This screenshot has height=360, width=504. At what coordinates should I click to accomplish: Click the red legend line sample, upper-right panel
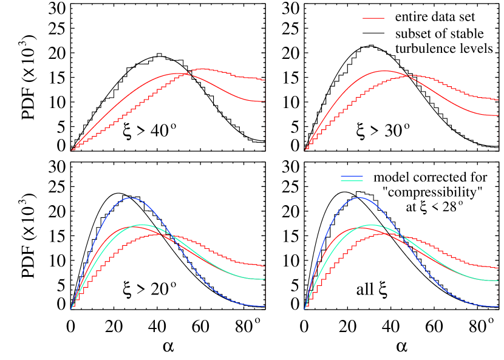(x=373, y=18)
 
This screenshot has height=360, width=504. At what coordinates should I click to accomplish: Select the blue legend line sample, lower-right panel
(x=352, y=176)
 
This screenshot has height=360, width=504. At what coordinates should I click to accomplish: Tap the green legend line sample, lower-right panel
(x=352, y=181)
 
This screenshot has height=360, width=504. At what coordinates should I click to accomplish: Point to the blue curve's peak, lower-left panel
(x=130, y=198)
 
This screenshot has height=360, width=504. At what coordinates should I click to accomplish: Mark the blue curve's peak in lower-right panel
(x=359, y=198)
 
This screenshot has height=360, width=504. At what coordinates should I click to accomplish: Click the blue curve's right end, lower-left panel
(x=264, y=307)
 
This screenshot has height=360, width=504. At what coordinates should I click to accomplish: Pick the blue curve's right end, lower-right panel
(x=498, y=307)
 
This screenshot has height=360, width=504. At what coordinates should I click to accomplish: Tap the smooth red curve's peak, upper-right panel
(x=384, y=71)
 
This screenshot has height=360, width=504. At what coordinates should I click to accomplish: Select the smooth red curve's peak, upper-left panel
(x=177, y=73)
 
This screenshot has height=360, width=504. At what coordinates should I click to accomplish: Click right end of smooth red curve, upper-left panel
(x=264, y=101)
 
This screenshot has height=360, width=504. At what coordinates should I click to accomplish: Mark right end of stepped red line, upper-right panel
(x=498, y=100)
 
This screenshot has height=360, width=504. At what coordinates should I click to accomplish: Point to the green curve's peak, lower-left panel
(x=141, y=225)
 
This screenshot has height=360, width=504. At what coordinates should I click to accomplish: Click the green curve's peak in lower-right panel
(x=371, y=225)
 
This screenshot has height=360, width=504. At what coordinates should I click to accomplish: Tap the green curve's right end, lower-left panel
(x=264, y=279)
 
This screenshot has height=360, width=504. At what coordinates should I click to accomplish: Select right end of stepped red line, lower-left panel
(x=264, y=267)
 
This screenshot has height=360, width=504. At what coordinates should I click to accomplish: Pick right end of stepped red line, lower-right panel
(x=498, y=268)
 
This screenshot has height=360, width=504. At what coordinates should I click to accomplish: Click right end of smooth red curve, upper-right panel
(x=498, y=115)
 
